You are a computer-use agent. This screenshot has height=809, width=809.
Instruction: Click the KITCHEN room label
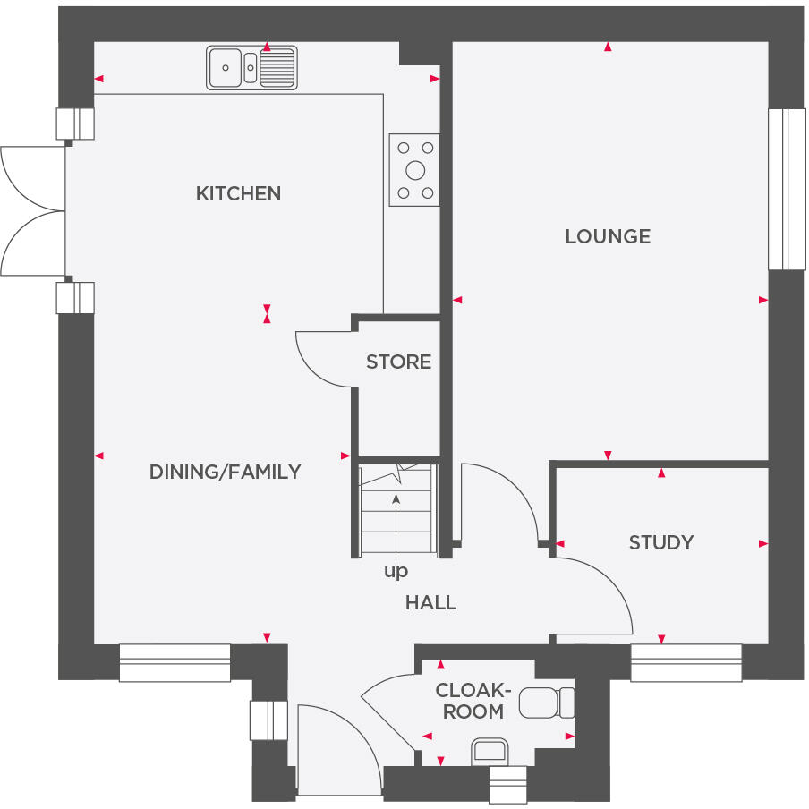tap(238, 193)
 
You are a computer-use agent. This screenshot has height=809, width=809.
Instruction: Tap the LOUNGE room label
tap(608, 236)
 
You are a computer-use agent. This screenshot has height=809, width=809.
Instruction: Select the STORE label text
tap(398, 362)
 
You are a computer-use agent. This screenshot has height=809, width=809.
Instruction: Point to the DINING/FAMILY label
tap(225, 472)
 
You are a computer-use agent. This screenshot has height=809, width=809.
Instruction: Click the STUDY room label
tap(660, 542)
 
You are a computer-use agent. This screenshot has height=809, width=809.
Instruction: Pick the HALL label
tap(430, 602)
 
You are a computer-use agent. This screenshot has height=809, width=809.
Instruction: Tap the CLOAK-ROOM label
tap(473, 701)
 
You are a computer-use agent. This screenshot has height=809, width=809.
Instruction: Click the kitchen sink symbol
tap(251, 67)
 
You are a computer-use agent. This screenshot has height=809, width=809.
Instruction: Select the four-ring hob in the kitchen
tap(414, 170)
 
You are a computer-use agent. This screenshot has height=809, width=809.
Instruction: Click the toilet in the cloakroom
tap(547, 703)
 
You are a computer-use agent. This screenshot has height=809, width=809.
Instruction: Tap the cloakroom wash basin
tap(490, 751)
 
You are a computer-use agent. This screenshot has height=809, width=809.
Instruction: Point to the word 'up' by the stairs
tap(396, 571)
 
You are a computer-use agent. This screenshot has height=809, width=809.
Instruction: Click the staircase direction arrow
tap(396, 524)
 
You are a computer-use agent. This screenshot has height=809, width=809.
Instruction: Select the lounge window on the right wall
tap(787, 189)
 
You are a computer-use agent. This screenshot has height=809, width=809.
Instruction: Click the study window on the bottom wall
tap(686, 663)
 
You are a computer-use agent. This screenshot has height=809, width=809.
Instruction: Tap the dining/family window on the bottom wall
tap(175, 663)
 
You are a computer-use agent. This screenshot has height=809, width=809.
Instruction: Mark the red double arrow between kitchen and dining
tap(267, 313)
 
